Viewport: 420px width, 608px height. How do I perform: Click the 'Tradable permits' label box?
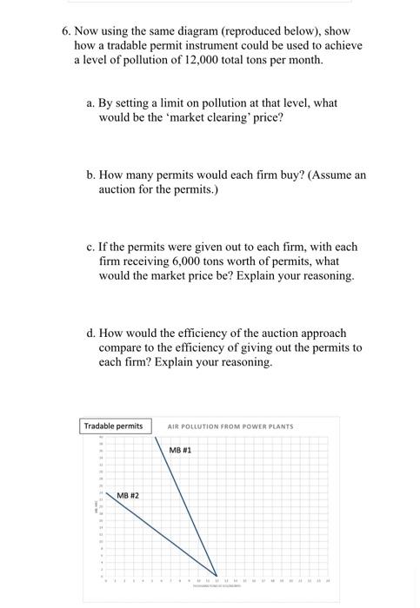pyautogui.click(x=114, y=426)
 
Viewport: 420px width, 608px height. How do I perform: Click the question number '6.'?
pyautogui.click(x=67, y=30)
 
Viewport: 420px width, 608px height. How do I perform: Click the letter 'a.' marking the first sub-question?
pyautogui.click(x=91, y=102)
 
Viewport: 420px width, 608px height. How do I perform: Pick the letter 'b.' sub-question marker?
pyautogui.click(x=91, y=175)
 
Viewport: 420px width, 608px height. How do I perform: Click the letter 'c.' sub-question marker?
pyautogui.click(x=91, y=247)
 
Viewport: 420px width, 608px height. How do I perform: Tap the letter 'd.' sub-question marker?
pyautogui.click(x=91, y=333)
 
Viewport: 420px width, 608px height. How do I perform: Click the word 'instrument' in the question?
pyautogui.click(x=223, y=45)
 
